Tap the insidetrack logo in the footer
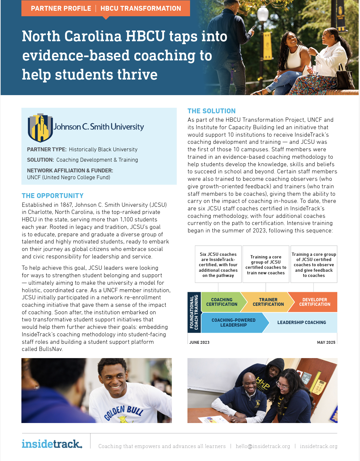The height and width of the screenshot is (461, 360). pyautogui.click(x=52, y=444)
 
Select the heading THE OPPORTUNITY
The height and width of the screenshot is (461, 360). pyautogui.click(x=53, y=196)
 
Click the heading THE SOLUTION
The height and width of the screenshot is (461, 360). pyautogui.click(x=211, y=111)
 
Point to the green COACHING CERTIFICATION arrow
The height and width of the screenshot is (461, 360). pyautogui.click(x=222, y=302)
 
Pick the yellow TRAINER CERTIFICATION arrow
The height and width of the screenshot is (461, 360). pyautogui.click(x=268, y=302)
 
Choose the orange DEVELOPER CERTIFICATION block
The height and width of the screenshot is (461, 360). pyautogui.click(x=314, y=302)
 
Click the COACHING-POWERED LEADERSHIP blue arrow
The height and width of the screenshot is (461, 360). pyautogui.click(x=234, y=322)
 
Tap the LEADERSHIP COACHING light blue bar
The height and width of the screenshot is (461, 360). pyautogui.click(x=302, y=322)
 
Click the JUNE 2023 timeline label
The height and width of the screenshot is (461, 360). pyautogui.click(x=199, y=343)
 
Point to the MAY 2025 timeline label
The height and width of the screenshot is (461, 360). pyautogui.click(x=326, y=343)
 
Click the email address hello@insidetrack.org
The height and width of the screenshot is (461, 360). pyautogui.click(x=263, y=446)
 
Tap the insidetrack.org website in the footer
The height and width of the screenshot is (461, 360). pyautogui.click(x=318, y=446)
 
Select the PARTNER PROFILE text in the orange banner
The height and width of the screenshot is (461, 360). pyautogui.click(x=61, y=8)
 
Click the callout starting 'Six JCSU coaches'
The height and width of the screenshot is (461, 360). pyautogui.click(x=218, y=265)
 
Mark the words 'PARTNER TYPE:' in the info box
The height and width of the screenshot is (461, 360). pyautogui.click(x=47, y=149)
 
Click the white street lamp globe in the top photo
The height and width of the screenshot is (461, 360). pyautogui.click(x=263, y=14)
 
